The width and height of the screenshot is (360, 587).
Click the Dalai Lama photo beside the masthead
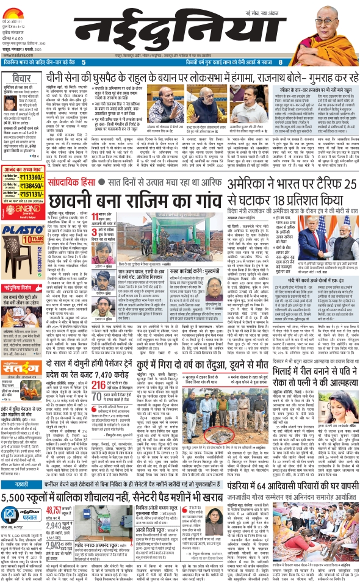click(335, 27)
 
